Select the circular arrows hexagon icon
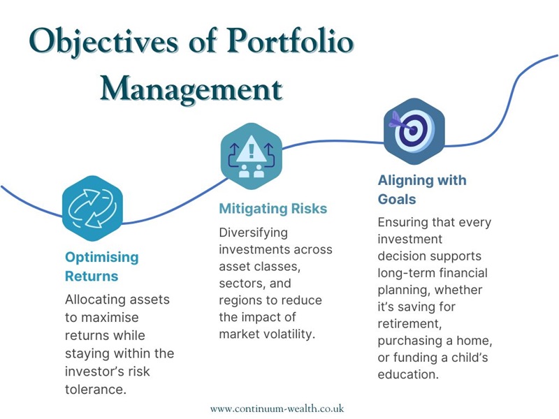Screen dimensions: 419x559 [x=92, y=205]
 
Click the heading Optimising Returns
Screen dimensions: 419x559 [x=102, y=266]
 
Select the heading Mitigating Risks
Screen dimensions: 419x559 [x=273, y=208]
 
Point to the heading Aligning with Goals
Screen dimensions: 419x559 [x=421, y=189]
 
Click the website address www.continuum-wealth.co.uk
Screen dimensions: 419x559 [x=277, y=408]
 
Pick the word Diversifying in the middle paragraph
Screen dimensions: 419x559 [x=253, y=232]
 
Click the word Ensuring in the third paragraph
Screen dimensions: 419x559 [x=404, y=222]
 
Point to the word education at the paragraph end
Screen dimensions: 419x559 [x=408, y=374]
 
